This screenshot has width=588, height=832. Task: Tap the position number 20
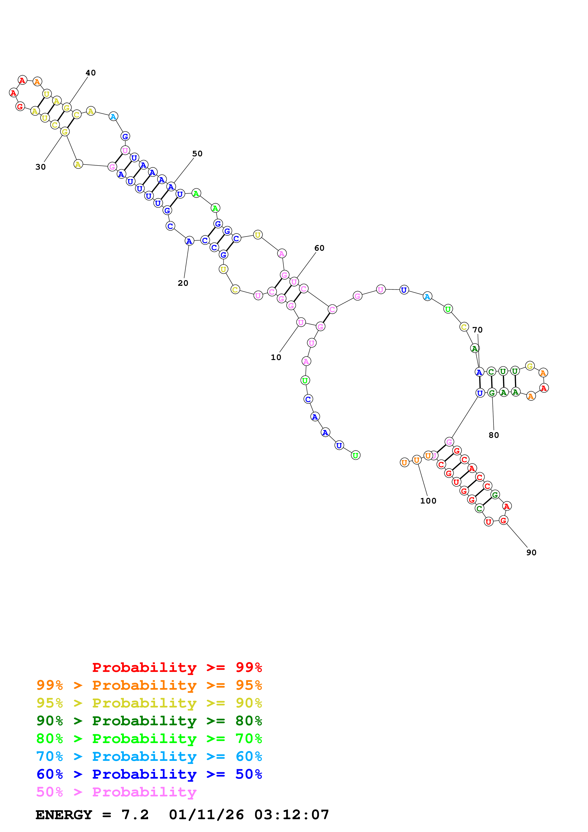tap(183, 283)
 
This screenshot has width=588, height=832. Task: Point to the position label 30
tap(41, 167)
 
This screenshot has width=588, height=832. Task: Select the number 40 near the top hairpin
tap(91, 73)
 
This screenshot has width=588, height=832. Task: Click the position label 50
tap(197, 154)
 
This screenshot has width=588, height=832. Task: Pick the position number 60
tap(319, 248)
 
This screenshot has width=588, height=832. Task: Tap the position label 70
tap(477, 330)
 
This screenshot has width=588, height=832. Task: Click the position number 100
tap(428, 501)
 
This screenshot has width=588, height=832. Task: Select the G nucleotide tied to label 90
tap(503, 520)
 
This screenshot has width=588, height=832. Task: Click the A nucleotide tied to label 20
tap(189, 241)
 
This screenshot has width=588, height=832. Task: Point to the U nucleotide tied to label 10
tap(301, 322)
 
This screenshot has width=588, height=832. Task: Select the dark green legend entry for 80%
tap(149, 721)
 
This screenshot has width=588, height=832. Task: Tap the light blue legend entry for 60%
tap(149, 756)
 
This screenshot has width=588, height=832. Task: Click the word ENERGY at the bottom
tap(64, 815)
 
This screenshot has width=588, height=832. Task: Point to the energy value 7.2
tap(135, 815)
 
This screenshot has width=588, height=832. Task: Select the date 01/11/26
tap(206, 815)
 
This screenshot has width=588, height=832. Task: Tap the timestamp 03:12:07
tap(292, 815)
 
